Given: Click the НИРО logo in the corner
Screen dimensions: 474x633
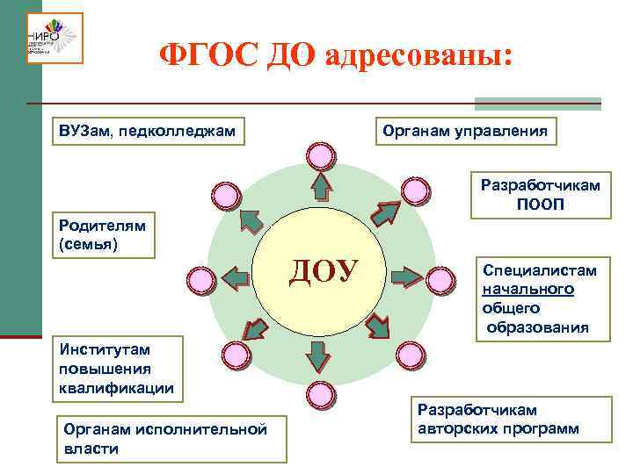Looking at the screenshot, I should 54,38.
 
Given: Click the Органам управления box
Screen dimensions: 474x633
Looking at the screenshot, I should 466,131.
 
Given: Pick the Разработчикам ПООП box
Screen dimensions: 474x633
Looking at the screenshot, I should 541,195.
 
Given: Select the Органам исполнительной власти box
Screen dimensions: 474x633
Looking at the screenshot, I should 171,438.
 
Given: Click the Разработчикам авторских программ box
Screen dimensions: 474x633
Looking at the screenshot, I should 498,420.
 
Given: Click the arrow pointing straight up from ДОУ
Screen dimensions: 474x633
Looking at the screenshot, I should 321,186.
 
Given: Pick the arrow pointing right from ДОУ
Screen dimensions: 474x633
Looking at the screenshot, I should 407,276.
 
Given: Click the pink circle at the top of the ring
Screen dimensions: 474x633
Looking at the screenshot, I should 321,155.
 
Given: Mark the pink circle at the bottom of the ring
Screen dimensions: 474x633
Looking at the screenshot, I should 322,390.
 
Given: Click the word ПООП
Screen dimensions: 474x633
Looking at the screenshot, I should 541,205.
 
